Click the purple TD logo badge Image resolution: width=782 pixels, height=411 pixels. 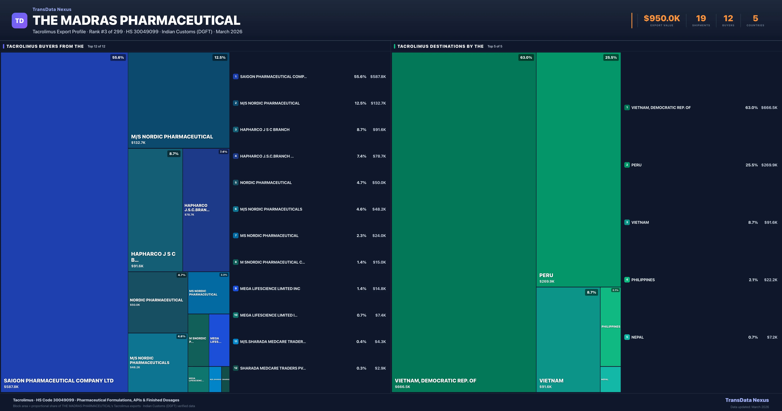pyautogui.click(x=19, y=21)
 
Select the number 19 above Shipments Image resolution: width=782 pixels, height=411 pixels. pyautogui.click(x=701, y=19)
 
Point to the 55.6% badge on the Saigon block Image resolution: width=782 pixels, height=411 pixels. pyautogui.click(x=118, y=57)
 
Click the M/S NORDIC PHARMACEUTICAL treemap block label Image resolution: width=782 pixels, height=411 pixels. pyautogui.click(x=172, y=137)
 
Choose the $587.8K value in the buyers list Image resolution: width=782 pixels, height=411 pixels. pyautogui.click(x=378, y=77)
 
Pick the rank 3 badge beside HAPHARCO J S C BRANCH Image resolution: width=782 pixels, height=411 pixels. pyautogui.click(x=236, y=129)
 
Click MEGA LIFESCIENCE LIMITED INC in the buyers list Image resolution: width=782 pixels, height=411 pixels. pyautogui.click(x=270, y=289)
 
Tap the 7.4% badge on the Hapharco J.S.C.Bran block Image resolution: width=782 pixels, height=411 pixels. pyautogui.click(x=223, y=152)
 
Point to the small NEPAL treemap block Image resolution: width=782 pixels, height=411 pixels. pyautogui.click(x=610, y=379)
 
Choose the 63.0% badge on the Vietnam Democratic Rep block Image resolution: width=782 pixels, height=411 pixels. pyautogui.click(x=526, y=57)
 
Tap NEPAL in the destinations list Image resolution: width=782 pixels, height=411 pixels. pyautogui.click(x=637, y=337)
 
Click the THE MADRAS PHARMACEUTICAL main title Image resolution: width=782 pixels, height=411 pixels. pyautogui.click(x=136, y=20)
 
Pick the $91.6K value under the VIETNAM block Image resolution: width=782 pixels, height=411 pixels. pyautogui.click(x=545, y=387)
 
